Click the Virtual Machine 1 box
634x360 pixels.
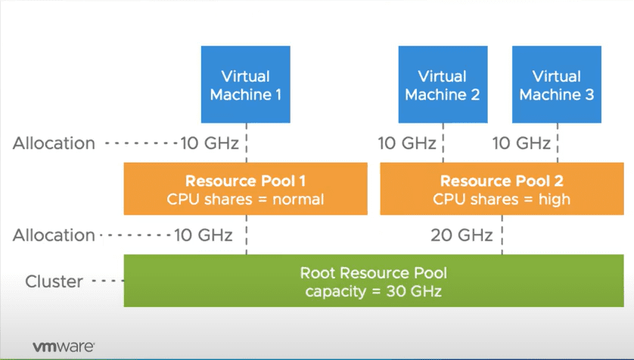point(245,84)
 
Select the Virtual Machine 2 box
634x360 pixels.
point(443,84)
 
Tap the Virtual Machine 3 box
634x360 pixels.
point(556,84)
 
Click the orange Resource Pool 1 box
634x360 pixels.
point(245,190)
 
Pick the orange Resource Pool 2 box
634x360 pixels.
point(502,190)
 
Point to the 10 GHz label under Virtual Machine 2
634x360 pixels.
point(408,143)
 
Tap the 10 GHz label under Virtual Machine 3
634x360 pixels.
point(521,143)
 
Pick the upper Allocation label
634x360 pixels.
point(54,143)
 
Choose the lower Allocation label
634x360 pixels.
point(54,235)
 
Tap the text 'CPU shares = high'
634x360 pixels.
point(502,200)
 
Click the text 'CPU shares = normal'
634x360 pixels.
point(245,200)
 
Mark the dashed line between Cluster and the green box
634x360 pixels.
point(107,281)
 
